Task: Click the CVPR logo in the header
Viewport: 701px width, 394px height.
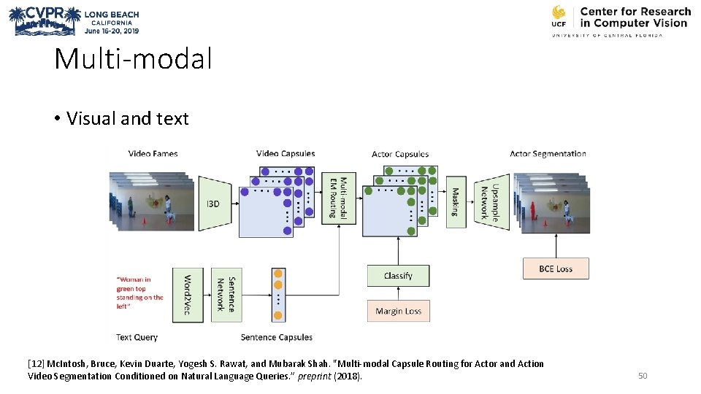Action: click(x=44, y=20)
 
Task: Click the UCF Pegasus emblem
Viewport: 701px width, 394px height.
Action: click(x=559, y=16)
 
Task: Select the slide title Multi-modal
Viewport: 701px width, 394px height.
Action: click(x=133, y=58)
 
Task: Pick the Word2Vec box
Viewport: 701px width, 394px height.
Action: click(x=188, y=295)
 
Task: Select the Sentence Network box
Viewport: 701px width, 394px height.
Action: click(x=226, y=295)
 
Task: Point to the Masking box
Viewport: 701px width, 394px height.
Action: click(x=455, y=202)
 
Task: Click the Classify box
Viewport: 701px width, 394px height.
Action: click(x=398, y=276)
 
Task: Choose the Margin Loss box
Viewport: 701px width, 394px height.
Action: click(x=398, y=311)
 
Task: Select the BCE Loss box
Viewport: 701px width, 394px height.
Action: click(x=555, y=269)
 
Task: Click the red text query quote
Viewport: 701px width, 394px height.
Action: click(x=139, y=293)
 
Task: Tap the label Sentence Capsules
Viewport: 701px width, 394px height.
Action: click(x=276, y=337)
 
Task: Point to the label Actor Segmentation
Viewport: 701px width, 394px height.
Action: click(x=548, y=154)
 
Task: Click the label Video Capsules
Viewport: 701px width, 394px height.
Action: click(x=286, y=153)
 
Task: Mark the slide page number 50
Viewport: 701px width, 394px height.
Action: click(x=643, y=376)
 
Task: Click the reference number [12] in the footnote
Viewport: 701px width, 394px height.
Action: click(x=35, y=363)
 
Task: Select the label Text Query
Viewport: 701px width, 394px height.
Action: click(x=137, y=337)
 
